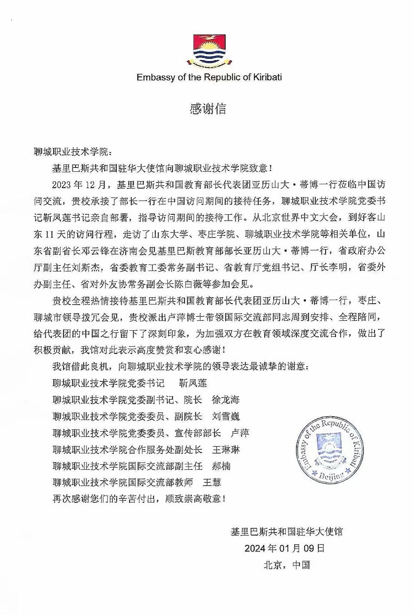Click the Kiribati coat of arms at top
coord(209,51)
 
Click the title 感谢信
coord(208,109)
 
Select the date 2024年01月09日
coord(284,548)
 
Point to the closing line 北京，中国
coord(286,565)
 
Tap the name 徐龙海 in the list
coord(226,400)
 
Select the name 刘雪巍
coord(226,417)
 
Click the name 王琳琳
coord(226,450)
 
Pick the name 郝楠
coord(221,466)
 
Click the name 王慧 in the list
coord(212,482)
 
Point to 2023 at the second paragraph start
coord(62,185)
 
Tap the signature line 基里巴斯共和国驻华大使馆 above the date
coord(286,532)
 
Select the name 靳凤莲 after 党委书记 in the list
coord(193,383)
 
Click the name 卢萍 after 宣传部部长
coord(240,433)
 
